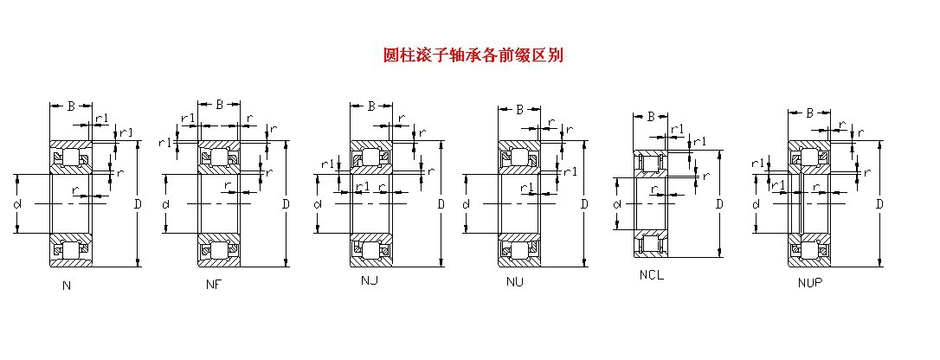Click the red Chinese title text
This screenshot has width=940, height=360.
tap(473, 55)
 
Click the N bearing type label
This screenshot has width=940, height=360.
tap(67, 285)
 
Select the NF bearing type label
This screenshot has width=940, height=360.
tap(213, 285)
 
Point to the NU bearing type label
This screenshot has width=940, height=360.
tap(515, 282)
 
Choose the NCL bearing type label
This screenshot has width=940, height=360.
tap(652, 276)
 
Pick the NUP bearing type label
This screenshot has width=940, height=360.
tap(810, 282)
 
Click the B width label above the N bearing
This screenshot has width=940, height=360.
tap(70, 106)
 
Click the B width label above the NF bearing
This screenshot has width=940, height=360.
tap(219, 105)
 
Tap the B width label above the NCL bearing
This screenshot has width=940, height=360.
tap(651, 116)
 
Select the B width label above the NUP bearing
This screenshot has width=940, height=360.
tap(809, 112)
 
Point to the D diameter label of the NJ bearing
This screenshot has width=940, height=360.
tap(441, 204)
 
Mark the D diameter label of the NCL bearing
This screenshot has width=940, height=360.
tap(718, 204)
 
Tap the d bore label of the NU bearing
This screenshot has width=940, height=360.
tap(466, 204)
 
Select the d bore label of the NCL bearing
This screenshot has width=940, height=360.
tap(617, 204)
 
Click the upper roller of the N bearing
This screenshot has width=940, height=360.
tap(69, 158)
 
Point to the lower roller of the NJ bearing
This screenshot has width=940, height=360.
tap(370, 250)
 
